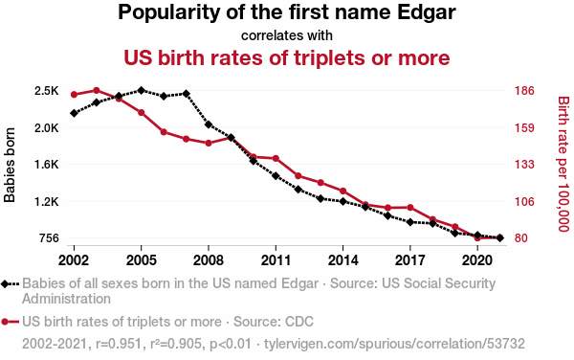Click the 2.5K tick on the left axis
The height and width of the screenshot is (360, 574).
coord(47,90)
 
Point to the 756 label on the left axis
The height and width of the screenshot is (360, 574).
coord(49,238)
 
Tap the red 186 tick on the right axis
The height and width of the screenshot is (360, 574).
coord(524,90)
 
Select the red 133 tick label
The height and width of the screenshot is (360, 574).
coord(524,165)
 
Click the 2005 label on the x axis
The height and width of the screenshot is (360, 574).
coord(141,260)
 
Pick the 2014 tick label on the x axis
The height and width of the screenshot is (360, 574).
coord(342,260)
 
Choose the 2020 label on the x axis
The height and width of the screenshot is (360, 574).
coord(477,260)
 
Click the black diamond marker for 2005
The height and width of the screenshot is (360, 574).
coord(141,90)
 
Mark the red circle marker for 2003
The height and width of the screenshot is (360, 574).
coord(97,90)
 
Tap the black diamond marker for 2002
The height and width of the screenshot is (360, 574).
coord(74,113)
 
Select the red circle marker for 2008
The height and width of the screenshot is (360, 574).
coord(209,143)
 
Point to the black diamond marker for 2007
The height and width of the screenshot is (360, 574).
coord(186,94)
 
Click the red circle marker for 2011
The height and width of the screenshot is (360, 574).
coord(276,158)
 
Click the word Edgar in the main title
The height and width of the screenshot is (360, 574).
coord(427,12)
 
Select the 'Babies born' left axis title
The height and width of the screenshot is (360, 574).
coord(10,165)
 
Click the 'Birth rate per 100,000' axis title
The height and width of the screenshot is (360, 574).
coord(563,164)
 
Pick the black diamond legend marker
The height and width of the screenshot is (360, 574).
coord(5,283)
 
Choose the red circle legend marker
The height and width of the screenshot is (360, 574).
coord(5,322)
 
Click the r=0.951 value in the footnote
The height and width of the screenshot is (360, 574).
coord(119,344)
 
